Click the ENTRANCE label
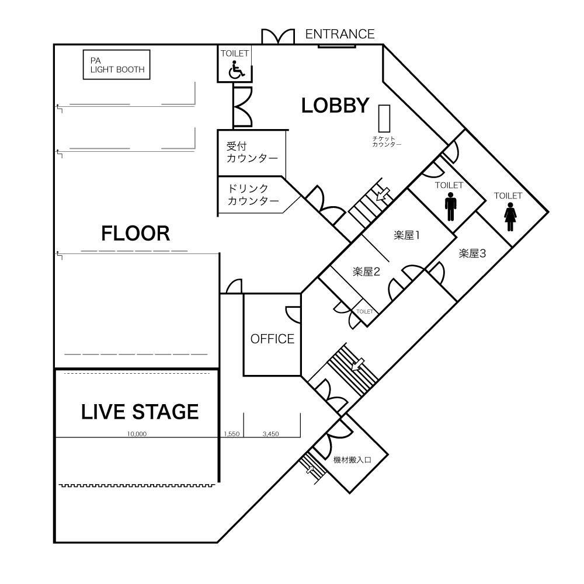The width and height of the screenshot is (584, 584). [x=340, y=34]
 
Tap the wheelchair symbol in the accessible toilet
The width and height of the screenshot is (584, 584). [x=235, y=70]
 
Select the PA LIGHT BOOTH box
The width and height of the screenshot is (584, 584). [x=117, y=65]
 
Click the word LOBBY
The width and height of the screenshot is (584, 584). [x=335, y=105]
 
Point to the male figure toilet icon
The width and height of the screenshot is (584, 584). [x=450, y=207]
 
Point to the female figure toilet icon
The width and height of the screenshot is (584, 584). [x=510, y=217]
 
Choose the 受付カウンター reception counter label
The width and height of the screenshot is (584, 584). [x=252, y=152]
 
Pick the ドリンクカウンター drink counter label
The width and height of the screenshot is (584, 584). [x=253, y=195]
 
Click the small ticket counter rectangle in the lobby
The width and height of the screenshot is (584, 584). [x=384, y=119]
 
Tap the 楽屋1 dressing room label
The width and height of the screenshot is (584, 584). [x=406, y=235]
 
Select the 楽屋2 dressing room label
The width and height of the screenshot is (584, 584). [x=366, y=272]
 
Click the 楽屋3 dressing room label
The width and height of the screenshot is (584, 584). [x=472, y=253]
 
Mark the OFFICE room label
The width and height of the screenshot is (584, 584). [x=272, y=339]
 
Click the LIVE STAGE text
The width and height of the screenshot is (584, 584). [x=140, y=412]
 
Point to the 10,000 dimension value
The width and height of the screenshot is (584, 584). [x=137, y=434]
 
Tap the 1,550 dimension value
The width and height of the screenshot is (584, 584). [x=232, y=434]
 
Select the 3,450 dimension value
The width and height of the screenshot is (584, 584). [x=271, y=434]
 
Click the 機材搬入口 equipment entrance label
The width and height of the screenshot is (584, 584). [x=352, y=460]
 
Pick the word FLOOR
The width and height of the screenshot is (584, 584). [x=135, y=234]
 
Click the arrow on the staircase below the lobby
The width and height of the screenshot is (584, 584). [x=383, y=194]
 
